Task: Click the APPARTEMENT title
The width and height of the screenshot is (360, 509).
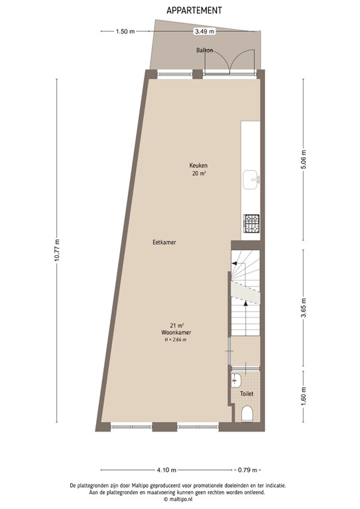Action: tap(194, 10)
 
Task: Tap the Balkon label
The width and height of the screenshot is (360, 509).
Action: tap(204, 50)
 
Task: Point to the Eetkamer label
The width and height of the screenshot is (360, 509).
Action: tap(164, 243)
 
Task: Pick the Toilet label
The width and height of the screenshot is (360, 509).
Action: tap(247, 394)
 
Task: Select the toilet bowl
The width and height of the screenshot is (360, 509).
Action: tap(247, 414)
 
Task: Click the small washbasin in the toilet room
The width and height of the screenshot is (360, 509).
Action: tap(237, 380)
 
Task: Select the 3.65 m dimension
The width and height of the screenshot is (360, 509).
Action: tap(304, 310)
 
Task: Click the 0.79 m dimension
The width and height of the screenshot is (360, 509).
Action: tap(248, 471)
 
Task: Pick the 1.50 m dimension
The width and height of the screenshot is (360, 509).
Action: tap(125, 31)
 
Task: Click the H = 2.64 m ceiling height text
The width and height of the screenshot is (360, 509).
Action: tap(175, 340)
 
